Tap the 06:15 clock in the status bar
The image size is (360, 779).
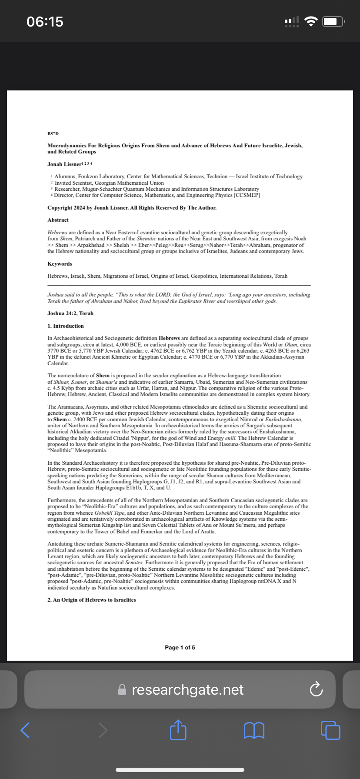[45, 21]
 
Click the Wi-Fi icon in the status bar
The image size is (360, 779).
[310, 21]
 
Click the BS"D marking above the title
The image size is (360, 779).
[53, 133]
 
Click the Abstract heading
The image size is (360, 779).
[58, 220]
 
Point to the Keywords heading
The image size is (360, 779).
[60, 264]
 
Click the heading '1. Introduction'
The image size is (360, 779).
[66, 326]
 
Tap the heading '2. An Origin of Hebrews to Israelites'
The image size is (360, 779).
[92, 600]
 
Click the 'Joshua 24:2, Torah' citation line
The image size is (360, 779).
[70, 313]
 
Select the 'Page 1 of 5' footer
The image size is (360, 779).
[180, 647]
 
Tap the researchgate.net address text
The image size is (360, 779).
[187, 689]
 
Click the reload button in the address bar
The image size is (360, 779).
[316, 689]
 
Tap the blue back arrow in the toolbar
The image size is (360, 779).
[25, 730]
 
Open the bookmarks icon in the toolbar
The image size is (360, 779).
[254, 730]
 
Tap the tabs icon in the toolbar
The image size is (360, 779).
[330, 730]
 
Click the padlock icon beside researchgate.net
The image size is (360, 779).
[123, 689]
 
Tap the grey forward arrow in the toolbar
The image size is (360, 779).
[103, 730]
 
